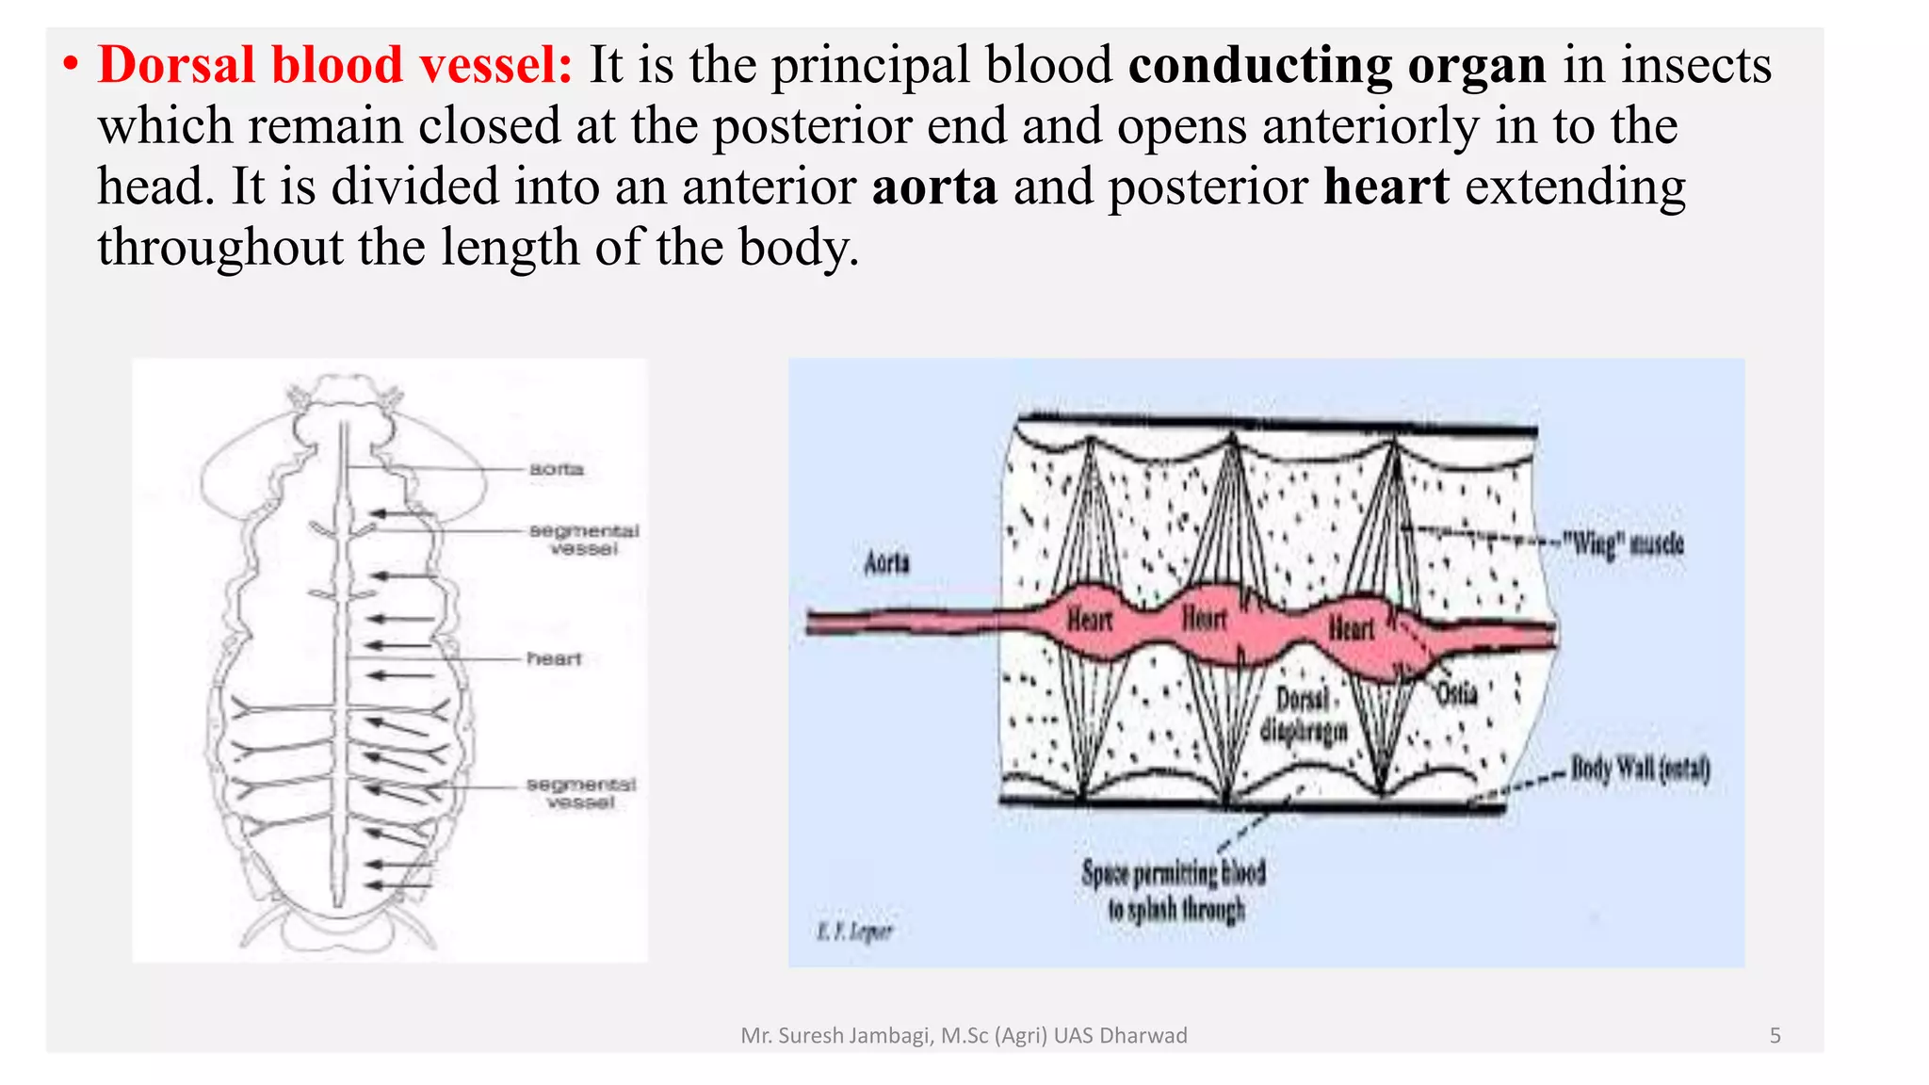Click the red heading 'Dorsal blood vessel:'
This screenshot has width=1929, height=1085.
coord(334,66)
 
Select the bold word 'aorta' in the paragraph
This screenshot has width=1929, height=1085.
coord(933,186)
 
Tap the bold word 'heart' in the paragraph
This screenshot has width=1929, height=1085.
coord(1386,186)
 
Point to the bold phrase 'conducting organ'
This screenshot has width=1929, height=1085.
coord(1337,66)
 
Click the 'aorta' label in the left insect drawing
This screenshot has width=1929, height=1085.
coord(556,469)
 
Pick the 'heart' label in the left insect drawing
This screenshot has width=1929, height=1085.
coord(554,658)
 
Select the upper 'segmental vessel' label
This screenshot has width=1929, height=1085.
coord(584,540)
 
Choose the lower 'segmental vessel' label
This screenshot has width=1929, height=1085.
coord(581,793)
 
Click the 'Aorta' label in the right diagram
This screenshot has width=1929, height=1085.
coord(886,563)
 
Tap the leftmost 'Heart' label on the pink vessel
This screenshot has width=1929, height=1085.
coord(1090,620)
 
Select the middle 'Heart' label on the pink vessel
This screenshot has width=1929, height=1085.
coord(1204,618)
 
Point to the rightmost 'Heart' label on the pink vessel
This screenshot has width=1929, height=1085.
coord(1351,627)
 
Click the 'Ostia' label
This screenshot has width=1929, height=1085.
coord(1456,694)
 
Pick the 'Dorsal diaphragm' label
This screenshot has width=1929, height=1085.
coord(1304,715)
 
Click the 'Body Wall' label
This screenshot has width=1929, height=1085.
coord(1639,769)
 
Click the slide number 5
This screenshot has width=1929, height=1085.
coord(1775,1036)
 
